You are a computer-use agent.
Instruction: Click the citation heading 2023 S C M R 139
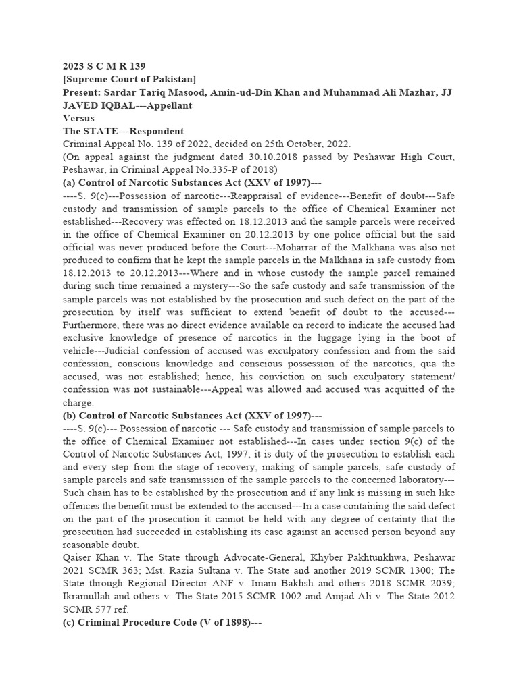(x=103, y=66)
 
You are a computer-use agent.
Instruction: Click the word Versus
(x=79, y=118)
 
